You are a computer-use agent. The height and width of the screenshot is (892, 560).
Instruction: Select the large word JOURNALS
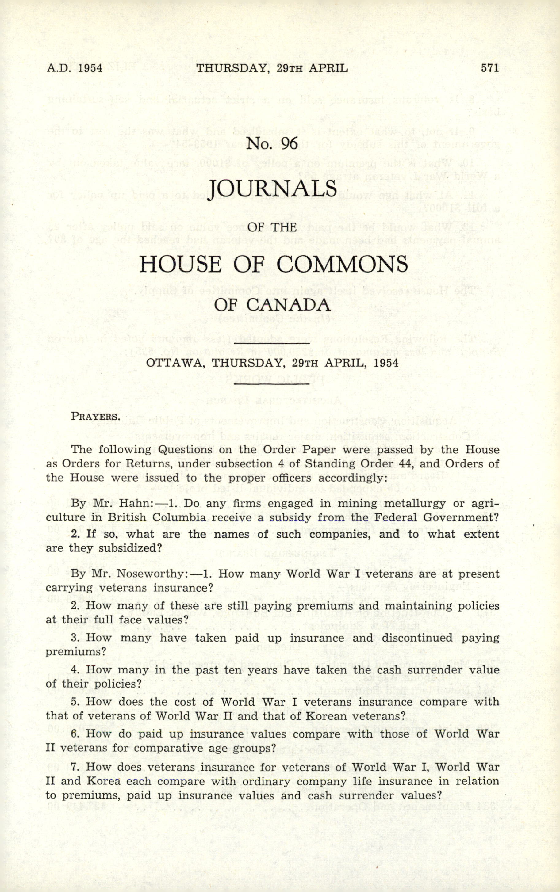click(x=273, y=189)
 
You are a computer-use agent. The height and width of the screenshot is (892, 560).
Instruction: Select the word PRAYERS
click(x=96, y=416)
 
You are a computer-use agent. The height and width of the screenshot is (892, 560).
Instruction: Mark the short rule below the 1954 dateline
click(x=271, y=383)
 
